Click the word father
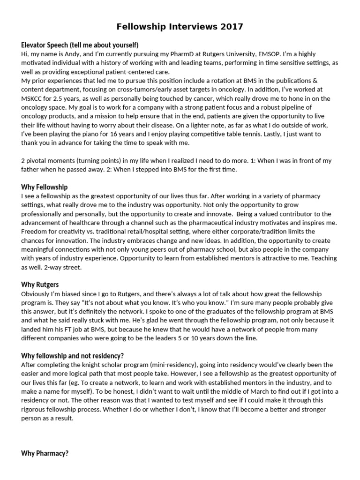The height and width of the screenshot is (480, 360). pos(32,170)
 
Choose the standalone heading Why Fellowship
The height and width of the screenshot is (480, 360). pos(45,187)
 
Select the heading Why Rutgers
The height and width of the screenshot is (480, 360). pos(40,285)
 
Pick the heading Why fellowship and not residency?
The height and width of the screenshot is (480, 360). pos(73,355)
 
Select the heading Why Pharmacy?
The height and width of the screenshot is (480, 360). pos(45,453)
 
